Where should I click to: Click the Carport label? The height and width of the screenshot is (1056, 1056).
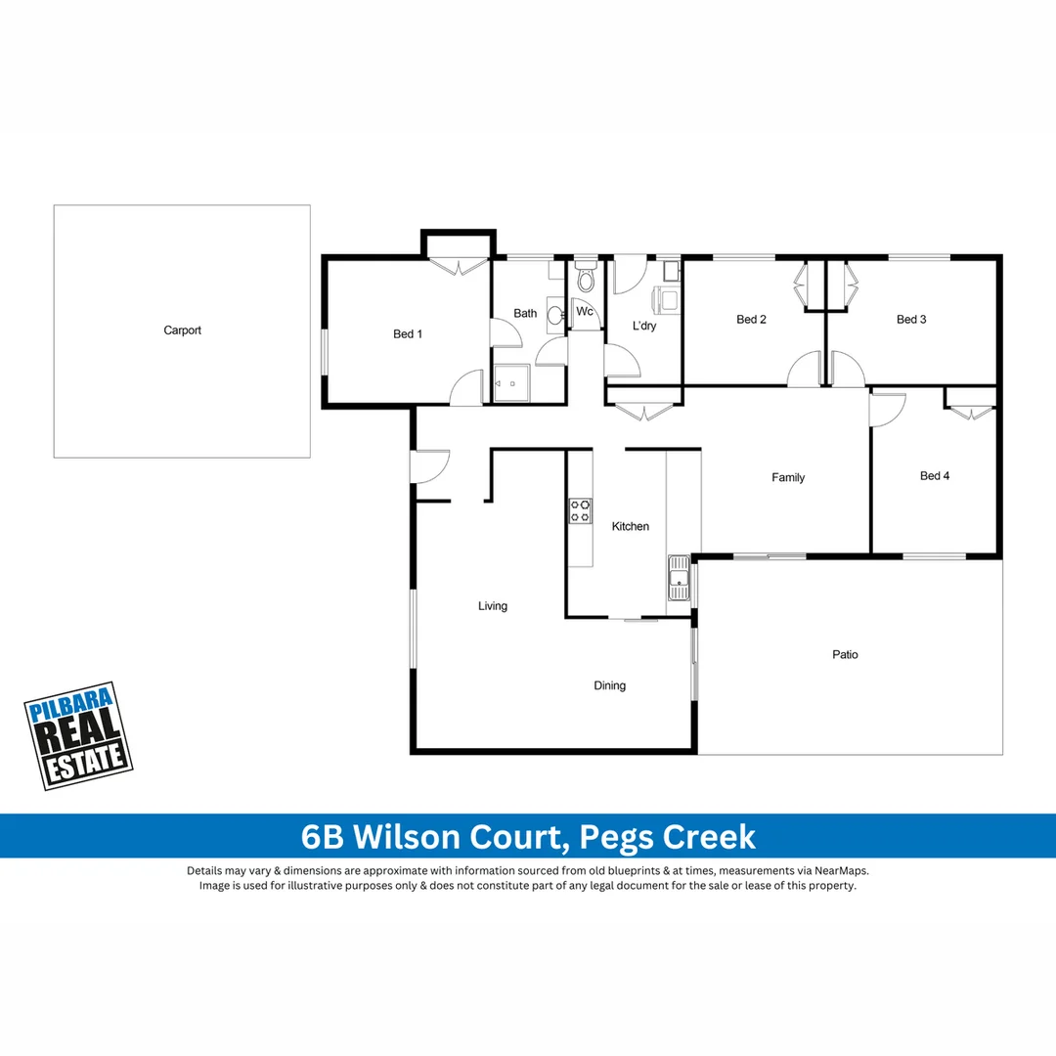coord(182,330)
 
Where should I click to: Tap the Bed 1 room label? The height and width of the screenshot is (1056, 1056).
coord(408,334)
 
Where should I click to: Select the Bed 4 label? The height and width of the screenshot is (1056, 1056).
coord(935,476)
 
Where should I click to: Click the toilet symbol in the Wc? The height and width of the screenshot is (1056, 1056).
coord(586,282)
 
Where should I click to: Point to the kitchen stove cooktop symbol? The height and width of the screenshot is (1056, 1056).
coord(580,510)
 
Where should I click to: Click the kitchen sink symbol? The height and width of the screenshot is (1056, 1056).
coord(678,579)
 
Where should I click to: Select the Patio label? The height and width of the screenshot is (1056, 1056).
coord(845,654)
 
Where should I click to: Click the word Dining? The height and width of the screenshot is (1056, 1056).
coord(609,685)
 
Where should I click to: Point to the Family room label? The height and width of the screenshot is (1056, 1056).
coord(788,478)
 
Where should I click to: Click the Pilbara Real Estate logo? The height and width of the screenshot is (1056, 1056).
coord(77,736)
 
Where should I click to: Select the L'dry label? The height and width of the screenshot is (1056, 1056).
coord(644,326)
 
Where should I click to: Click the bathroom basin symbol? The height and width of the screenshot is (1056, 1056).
coord(554,315)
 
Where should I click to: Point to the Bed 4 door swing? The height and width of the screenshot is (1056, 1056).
coord(888,409)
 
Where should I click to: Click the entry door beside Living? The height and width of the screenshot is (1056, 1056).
coord(430,466)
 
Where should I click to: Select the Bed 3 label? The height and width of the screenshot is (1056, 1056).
coord(911,320)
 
